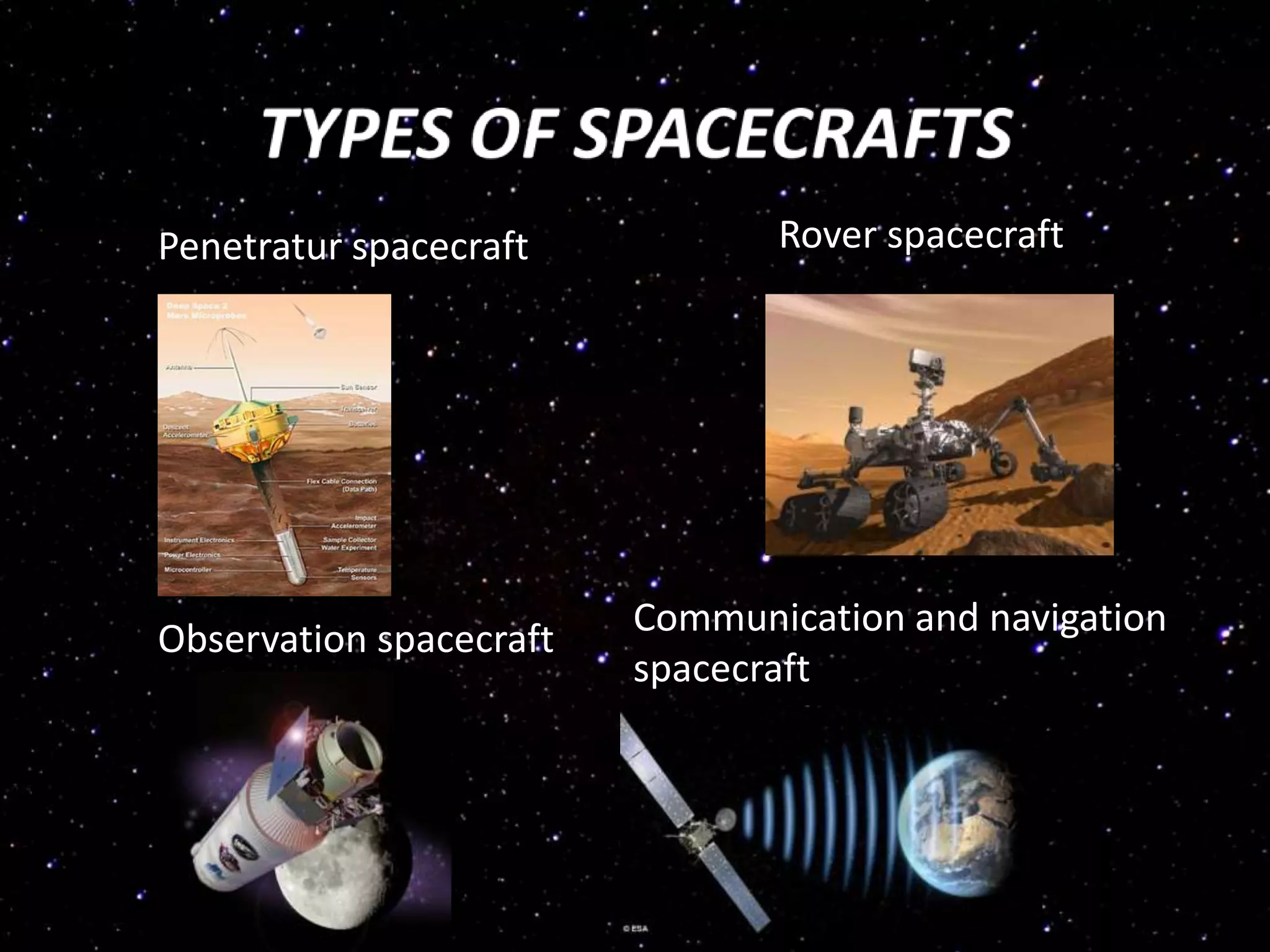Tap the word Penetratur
pyautogui.click(x=249, y=247)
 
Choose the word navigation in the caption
pyautogui.click(x=1077, y=618)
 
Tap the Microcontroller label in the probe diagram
pyautogui.click(x=188, y=570)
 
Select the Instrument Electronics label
pyautogui.click(x=199, y=540)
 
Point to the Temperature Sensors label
pyautogui.click(x=357, y=573)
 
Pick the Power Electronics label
pyautogui.click(x=192, y=555)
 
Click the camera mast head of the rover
pyautogui.click(x=925, y=359)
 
